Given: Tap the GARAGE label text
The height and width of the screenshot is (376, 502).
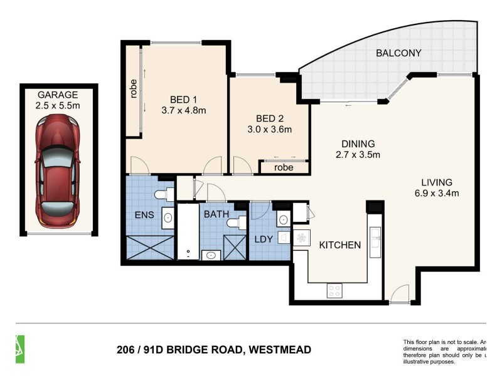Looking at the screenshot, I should pyautogui.click(x=58, y=95).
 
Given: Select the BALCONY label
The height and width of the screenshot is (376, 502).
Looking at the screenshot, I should pyautogui.click(x=398, y=53).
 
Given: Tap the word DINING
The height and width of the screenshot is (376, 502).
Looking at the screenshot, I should pyautogui.click(x=358, y=143).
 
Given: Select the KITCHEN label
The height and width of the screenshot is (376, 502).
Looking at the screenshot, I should pyautogui.click(x=341, y=245).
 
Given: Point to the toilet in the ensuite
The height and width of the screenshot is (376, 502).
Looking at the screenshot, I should pyautogui.click(x=164, y=194).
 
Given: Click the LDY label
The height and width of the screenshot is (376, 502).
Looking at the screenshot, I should pyautogui.click(x=264, y=239).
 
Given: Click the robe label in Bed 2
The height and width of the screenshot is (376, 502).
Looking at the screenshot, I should pyautogui.click(x=284, y=167).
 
